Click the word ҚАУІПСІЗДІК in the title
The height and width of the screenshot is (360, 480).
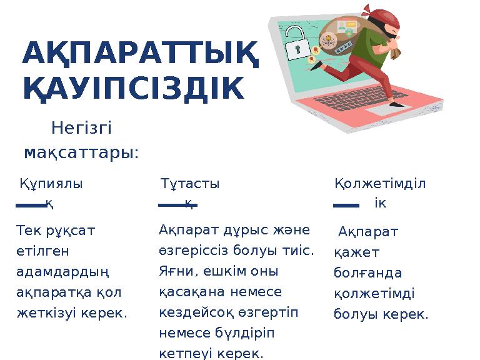click(x=133, y=87)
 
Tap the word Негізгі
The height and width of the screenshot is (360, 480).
click(x=81, y=129)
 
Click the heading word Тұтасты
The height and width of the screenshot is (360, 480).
click(x=190, y=184)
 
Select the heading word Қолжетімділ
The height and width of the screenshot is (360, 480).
click(x=380, y=184)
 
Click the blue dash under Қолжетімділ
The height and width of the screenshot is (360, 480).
click(x=346, y=204)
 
